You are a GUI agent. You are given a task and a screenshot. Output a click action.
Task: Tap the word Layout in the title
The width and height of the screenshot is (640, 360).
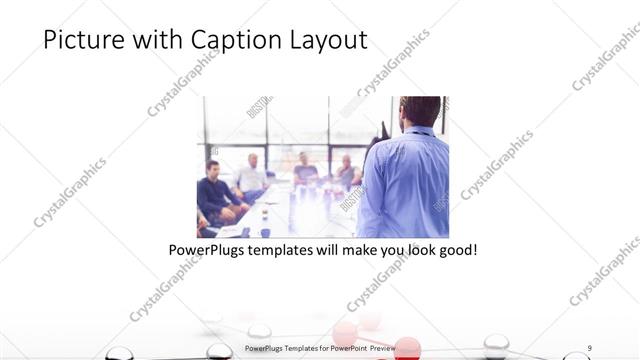(x=324, y=40)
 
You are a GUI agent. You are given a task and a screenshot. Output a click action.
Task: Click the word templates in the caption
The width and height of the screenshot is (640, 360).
(x=281, y=247)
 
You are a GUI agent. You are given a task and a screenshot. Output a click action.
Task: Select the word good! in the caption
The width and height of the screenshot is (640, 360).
(x=455, y=247)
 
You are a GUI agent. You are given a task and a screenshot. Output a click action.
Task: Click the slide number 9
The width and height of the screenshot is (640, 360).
(x=589, y=347)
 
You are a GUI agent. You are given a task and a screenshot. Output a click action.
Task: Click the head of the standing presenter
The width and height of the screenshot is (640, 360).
(x=420, y=110)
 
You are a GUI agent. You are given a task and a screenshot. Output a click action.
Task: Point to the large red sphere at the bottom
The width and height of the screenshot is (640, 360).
(x=408, y=348)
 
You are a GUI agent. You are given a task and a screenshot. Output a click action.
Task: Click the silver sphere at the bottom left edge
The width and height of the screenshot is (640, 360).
(x=120, y=353)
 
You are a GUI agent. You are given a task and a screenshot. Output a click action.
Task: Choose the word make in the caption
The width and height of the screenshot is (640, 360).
(x=363, y=247)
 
